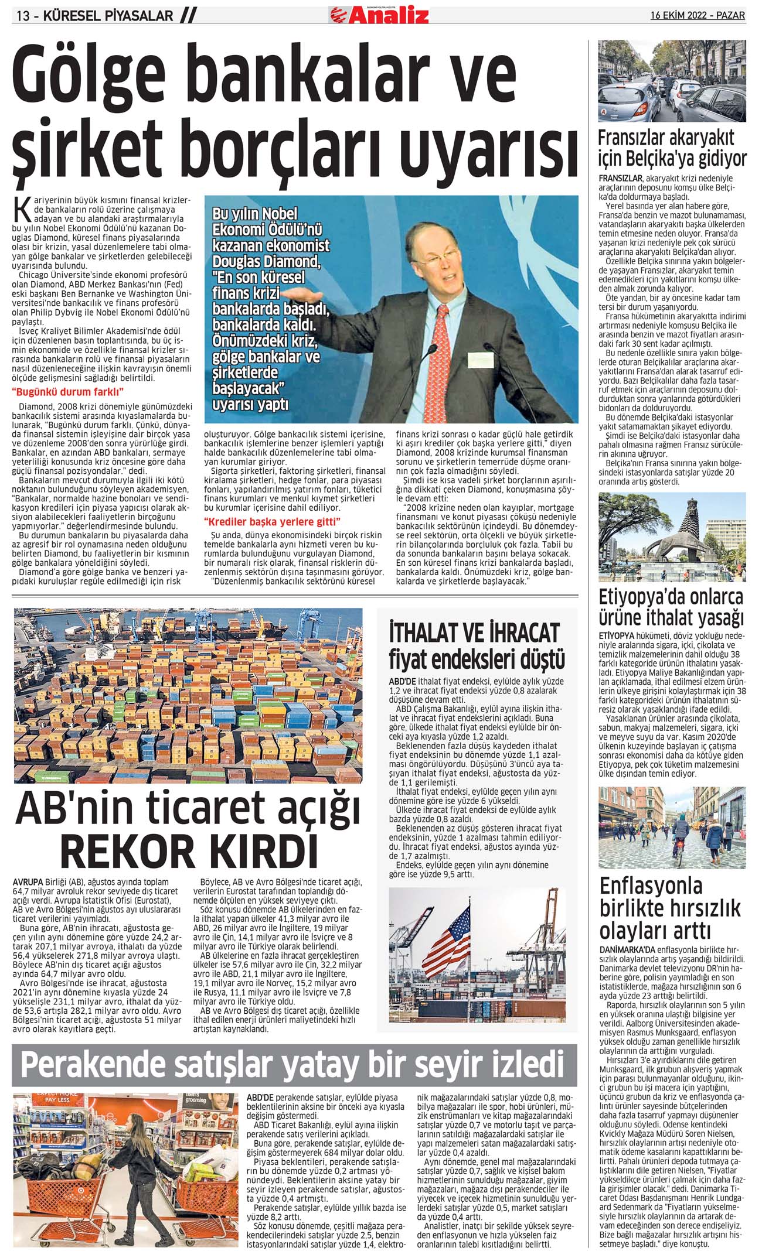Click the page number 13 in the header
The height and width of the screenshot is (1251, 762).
click(23, 16)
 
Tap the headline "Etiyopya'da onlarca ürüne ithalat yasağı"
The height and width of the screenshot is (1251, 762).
click(671, 607)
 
